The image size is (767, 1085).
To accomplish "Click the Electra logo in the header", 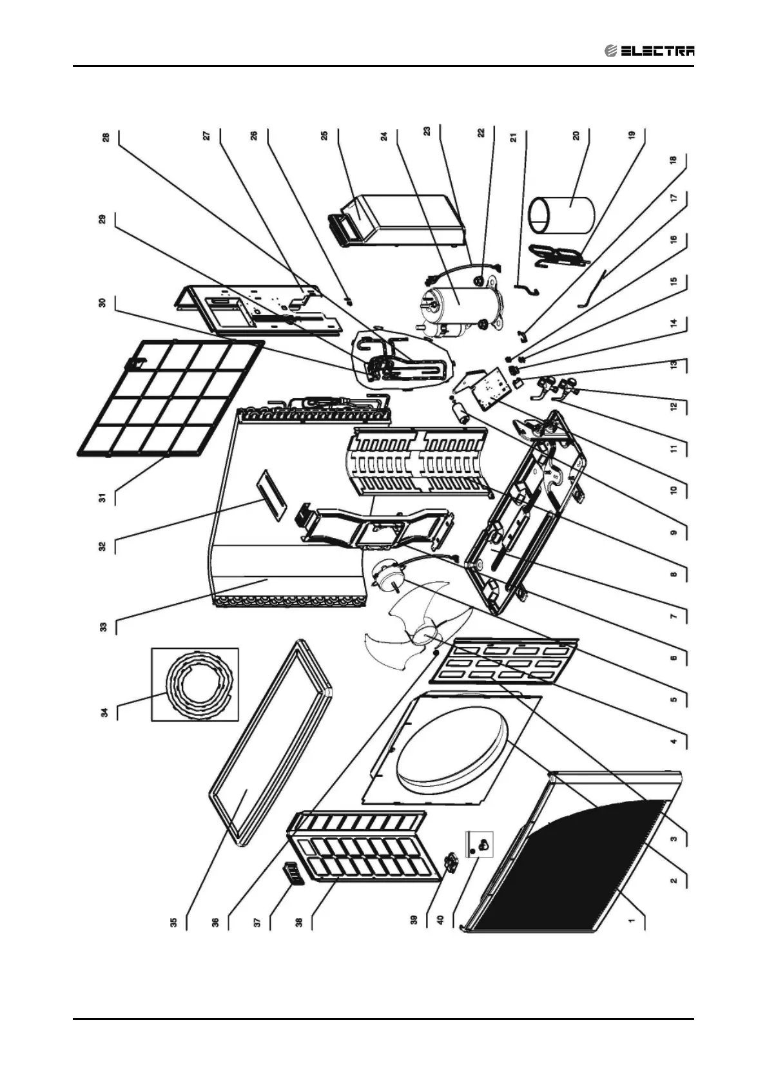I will point(650,51).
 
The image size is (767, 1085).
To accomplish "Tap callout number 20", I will point(576,135).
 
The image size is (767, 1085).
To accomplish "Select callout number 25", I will point(325,135).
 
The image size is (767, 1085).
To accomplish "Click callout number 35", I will point(173,921).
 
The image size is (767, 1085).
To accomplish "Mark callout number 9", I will point(674,532).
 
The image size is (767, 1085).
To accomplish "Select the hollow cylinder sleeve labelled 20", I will point(561,216).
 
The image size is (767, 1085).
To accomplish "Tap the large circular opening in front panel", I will point(452,747).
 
